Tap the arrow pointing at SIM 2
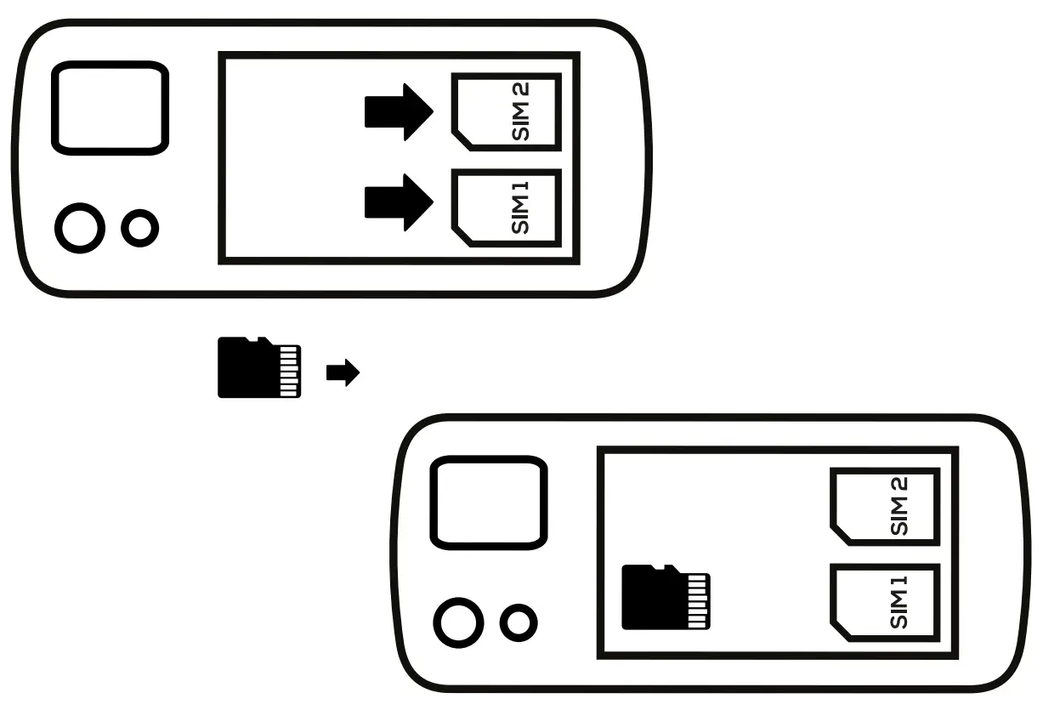399,111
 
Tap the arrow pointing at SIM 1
399,202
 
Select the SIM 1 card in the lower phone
884,603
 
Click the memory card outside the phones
258,367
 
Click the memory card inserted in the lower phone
666,597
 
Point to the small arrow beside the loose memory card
343,372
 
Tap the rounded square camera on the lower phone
486,503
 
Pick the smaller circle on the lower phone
518,623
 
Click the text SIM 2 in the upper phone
520,111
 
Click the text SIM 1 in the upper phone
520,209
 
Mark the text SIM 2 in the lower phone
899,506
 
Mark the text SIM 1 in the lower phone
899,603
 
